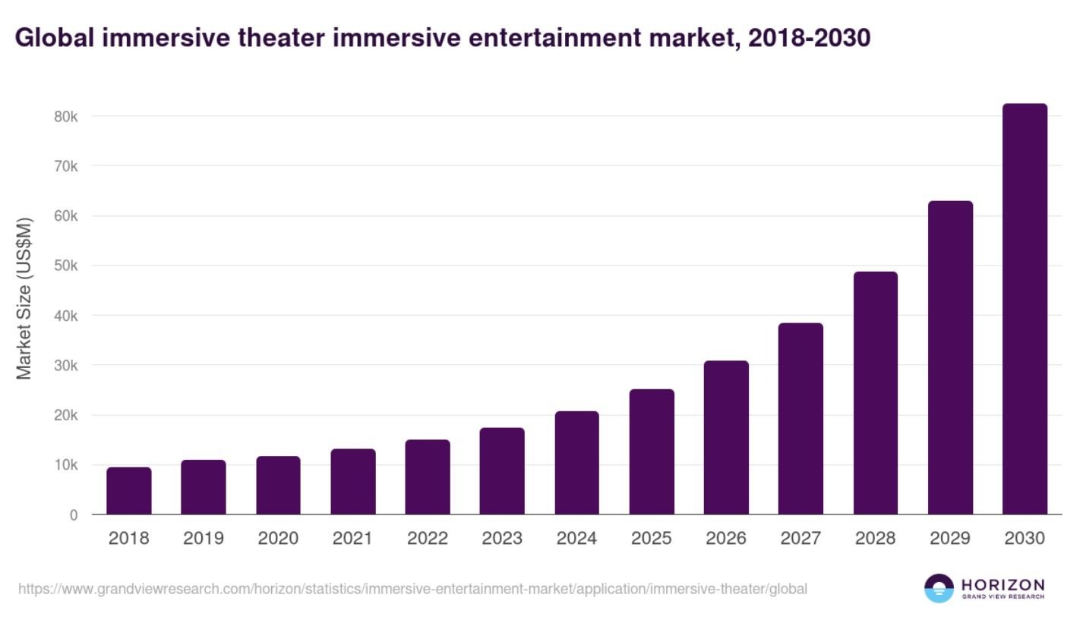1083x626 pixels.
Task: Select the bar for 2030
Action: pos(1025,310)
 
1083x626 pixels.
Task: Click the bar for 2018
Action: pos(129,491)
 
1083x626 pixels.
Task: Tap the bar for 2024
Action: pos(577,463)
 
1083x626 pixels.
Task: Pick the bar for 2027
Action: pos(800,419)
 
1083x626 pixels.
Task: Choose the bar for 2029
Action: pos(950,357)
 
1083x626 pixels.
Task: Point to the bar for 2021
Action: pos(353,482)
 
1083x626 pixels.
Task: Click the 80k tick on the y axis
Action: pos(65,117)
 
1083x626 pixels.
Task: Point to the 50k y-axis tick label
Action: pos(65,266)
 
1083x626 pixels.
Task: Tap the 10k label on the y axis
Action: pos(65,465)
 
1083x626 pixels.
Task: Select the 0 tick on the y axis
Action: pos(74,515)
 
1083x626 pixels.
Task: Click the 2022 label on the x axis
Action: pos(428,539)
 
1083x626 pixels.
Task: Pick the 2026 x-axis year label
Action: pos(726,539)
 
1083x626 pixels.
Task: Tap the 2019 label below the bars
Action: pos(204,539)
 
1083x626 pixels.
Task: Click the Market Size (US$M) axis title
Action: pos(25,298)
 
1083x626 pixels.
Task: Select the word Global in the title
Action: pos(54,39)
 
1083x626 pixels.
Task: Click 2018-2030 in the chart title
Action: pos(808,39)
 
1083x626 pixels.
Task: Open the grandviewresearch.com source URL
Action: pos(412,589)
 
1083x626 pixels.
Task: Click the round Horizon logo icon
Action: pos(939,588)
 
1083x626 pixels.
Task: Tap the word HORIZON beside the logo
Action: pos(1002,584)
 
